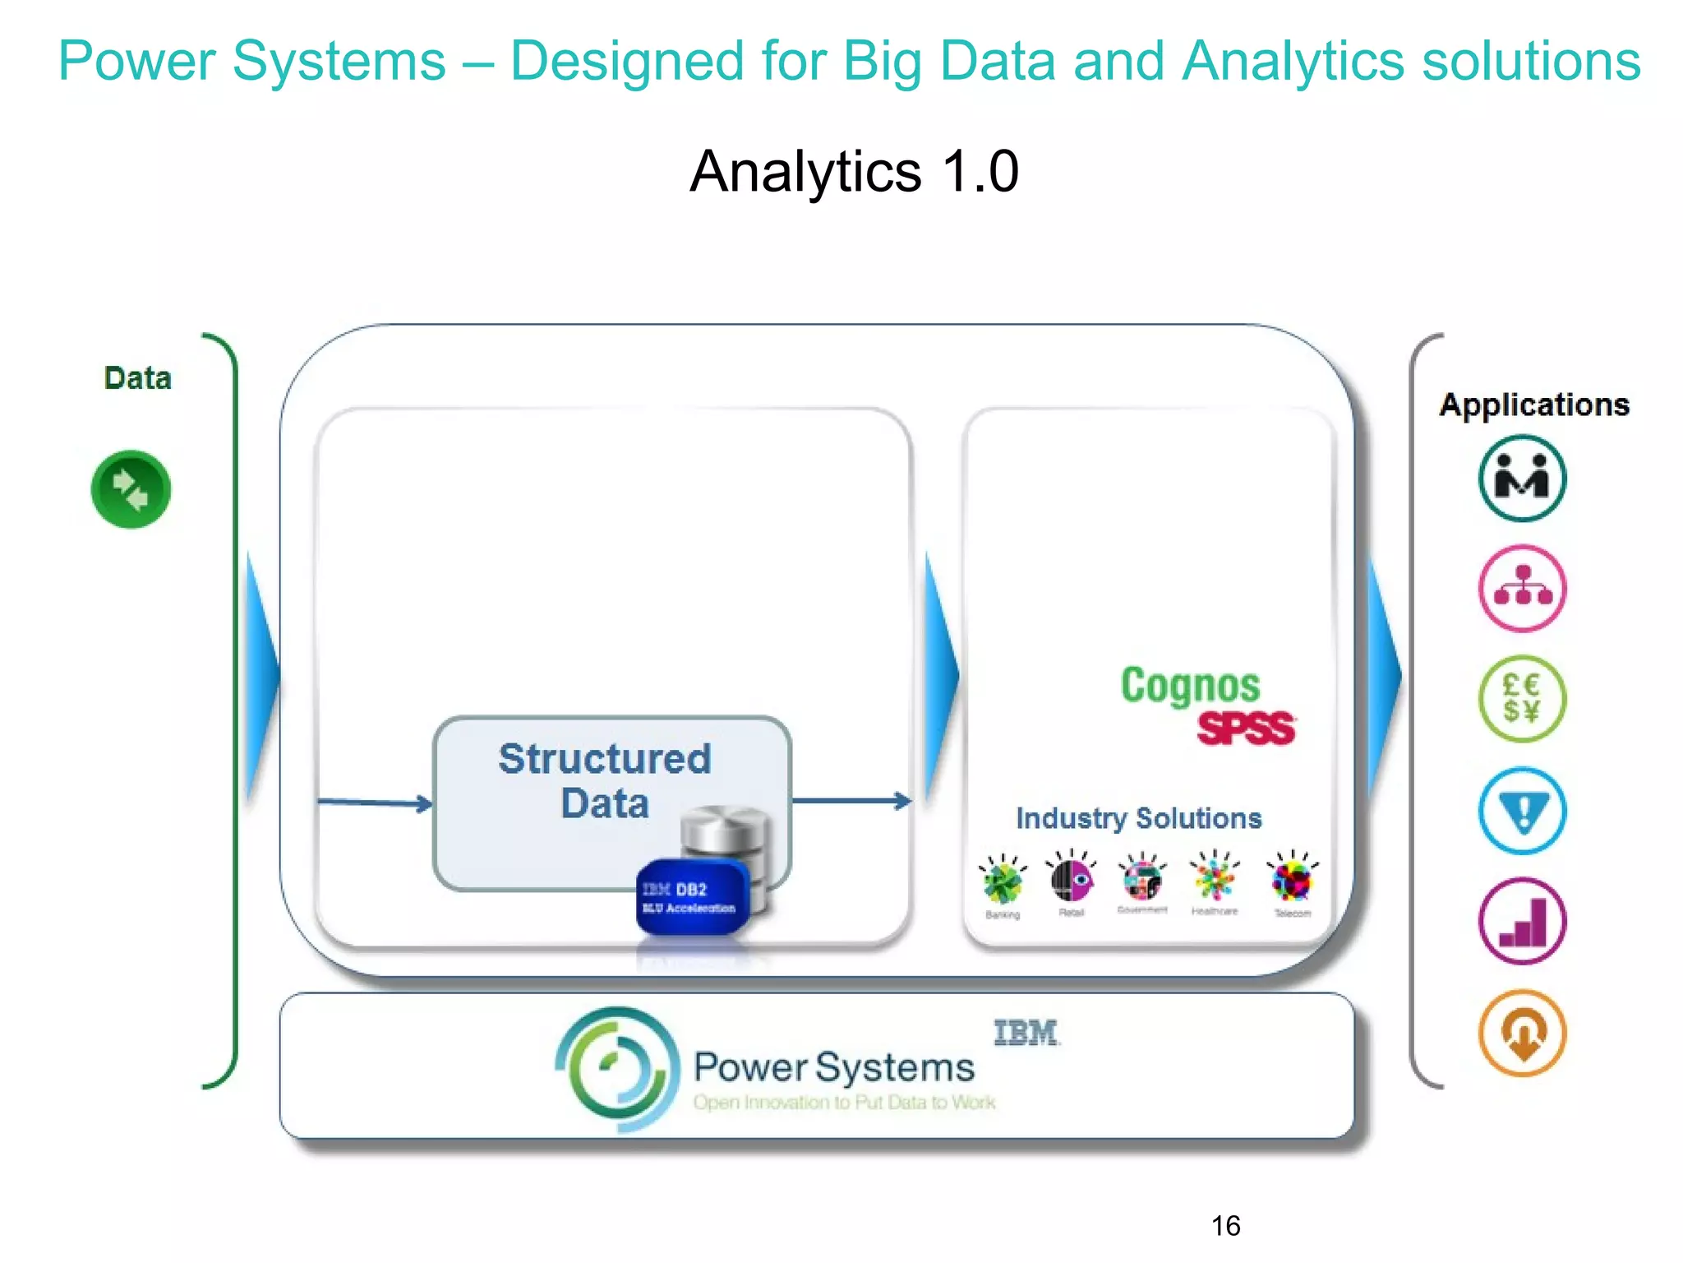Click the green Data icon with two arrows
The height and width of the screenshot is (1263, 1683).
click(131, 489)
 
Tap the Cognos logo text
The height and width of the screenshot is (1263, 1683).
click(1190, 687)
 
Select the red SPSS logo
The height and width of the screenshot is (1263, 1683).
click(1245, 729)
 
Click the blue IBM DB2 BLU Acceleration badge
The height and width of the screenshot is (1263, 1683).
click(692, 897)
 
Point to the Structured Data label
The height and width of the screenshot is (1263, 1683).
click(605, 780)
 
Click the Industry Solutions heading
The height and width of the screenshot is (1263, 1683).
click(1138, 818)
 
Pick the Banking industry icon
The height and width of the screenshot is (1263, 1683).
click(1003, 881)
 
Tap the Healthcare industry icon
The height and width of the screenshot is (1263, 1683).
click(1215, 878)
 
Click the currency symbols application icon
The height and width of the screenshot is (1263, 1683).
click(1522, 699)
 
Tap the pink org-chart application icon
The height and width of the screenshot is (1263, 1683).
click(1522, 588)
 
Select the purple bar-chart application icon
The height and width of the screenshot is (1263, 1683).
click(1522, 921)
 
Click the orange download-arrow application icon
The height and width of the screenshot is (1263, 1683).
click(1522, 1033)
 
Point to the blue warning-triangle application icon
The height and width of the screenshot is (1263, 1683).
click(1522, 811)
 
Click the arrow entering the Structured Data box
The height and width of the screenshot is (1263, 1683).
click(374, 803)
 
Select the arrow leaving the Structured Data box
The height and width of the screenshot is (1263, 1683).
click(851, 800)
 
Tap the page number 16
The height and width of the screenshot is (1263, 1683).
click(1225, 1226)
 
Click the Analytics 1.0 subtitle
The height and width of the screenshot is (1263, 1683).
click(855, 171)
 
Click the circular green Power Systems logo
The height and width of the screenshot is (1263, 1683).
click(617, 1068)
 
